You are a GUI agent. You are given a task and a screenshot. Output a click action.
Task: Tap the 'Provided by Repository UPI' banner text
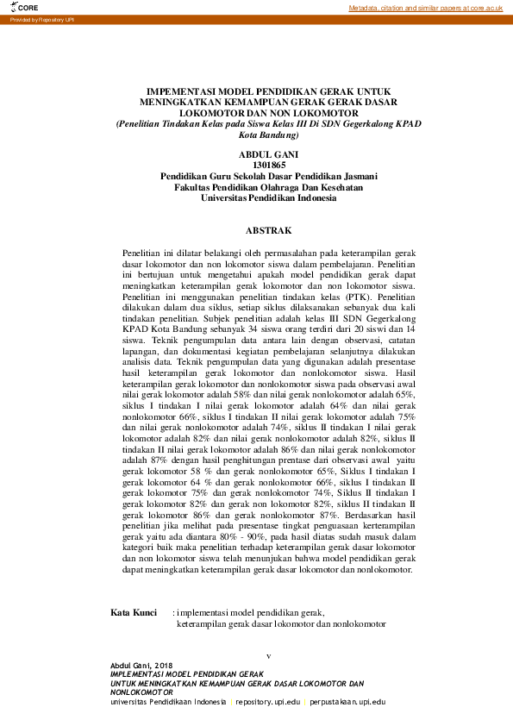click(42, 19)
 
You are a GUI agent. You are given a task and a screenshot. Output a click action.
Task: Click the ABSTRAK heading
click(269, 231)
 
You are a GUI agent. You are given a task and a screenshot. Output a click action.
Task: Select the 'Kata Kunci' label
click(133, 612)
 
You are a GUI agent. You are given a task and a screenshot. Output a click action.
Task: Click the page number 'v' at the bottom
click(269, 656)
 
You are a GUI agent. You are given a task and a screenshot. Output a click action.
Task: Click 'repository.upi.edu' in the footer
click(267, 702)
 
